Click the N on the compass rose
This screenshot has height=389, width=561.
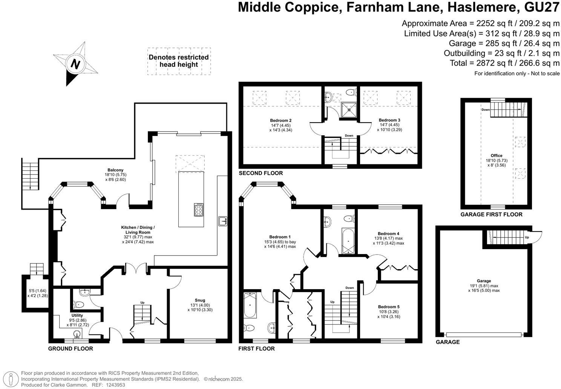(75, 64)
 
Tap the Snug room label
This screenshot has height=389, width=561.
(200, 300)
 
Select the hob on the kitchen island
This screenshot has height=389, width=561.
(199, 210)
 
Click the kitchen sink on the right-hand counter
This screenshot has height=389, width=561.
(223, 221)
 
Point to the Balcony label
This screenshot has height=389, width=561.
(115, 170)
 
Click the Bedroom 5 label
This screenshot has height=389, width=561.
(389, 307)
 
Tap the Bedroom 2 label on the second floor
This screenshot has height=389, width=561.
(280, 120)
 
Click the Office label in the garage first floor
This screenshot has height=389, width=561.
(497, 155)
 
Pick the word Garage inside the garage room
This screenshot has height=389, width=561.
(484, 281)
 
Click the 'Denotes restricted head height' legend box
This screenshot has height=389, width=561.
(179, 61)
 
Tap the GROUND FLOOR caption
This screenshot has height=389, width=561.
(71, 348)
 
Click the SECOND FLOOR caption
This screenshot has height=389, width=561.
(261, 173)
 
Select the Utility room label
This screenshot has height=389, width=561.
(77, 315)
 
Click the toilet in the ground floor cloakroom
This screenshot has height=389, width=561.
(78, 305)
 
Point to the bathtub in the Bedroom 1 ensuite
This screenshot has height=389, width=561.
(250, 305)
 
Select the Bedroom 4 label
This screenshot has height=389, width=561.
(388, 234)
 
